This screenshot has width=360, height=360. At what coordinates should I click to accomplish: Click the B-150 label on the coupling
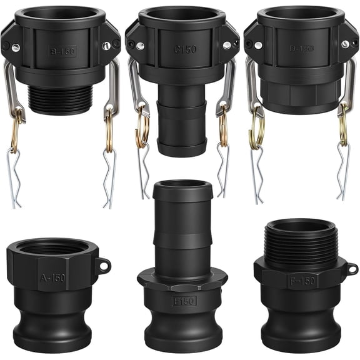[62, 51]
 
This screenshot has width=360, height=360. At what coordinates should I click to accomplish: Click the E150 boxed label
[184, 301]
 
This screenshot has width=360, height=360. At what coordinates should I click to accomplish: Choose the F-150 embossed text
[302, 281]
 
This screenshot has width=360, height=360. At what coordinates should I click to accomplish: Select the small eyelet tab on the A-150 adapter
[104, 266]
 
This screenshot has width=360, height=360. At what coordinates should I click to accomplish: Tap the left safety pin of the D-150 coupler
[256, 178]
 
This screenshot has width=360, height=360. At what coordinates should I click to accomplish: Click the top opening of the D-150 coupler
[301, 14]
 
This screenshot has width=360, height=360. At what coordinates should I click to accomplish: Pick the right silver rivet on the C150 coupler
[226, 45]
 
